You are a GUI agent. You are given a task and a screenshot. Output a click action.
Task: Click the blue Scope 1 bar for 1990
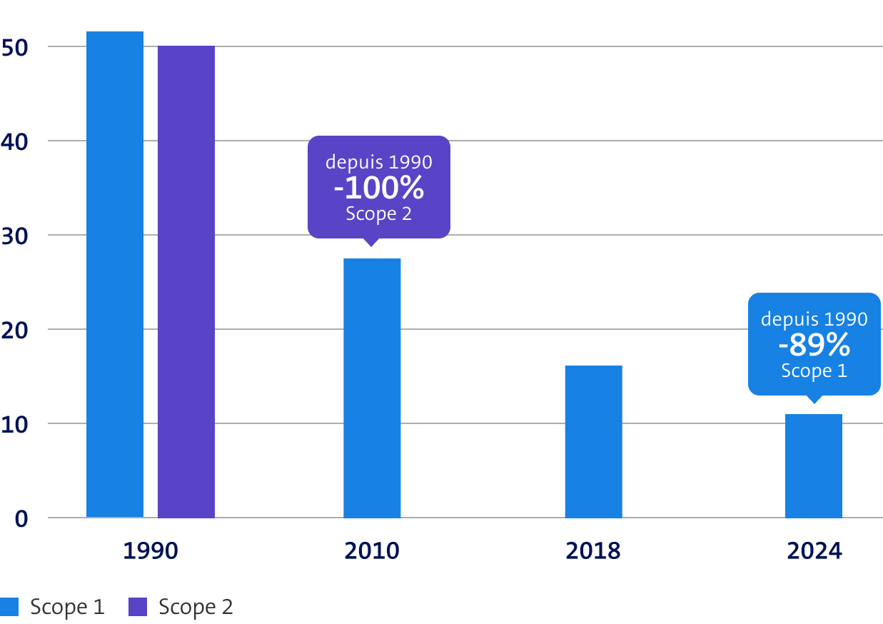[114, 275]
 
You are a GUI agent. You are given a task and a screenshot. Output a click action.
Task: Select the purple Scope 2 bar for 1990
[186, 282]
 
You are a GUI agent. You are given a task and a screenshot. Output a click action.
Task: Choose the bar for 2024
[813, 466]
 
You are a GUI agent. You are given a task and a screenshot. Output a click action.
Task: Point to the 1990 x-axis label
[151, 551]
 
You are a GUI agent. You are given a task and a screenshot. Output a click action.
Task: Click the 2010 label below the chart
[372, 551]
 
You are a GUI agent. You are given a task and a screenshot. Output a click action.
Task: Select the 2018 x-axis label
[593, 551]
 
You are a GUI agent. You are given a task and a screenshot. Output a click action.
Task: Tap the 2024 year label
[814, 551]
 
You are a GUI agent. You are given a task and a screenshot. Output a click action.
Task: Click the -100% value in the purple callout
[379, 188]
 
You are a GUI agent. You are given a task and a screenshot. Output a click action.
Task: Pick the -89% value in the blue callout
[814, 346]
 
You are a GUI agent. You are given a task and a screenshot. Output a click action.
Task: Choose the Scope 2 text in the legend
[196, 607]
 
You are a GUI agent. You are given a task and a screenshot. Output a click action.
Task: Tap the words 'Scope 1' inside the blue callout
[814, 371]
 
